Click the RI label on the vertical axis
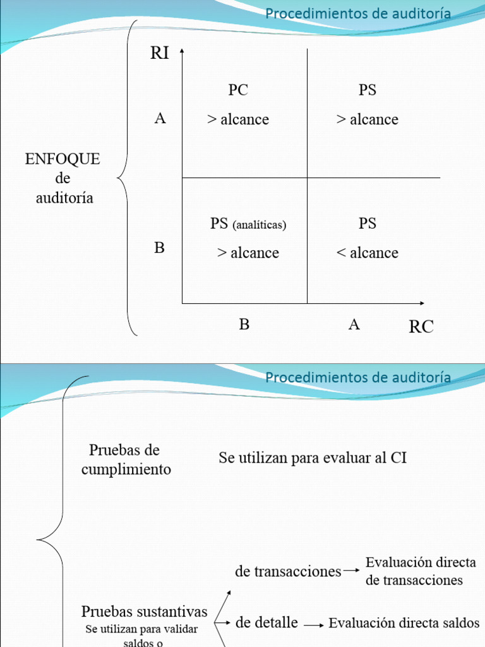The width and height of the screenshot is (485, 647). click(x=160, y=52)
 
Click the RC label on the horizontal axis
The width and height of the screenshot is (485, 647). click(x=421, y=327)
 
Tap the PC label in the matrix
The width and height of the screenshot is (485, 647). click(x=238, y=90)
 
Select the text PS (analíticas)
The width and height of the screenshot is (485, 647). click(x=248, y=224)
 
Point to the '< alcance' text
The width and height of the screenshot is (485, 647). click(x=368, y=253)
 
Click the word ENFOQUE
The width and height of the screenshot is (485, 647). click(x=63, y=159)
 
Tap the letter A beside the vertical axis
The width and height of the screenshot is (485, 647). click(x=160, y=118)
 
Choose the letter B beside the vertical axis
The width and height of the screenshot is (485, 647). click(x=159, y=248)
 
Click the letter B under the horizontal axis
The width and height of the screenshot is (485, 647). click(x=244, y=325)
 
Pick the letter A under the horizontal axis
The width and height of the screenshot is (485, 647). click(x=354, y=325)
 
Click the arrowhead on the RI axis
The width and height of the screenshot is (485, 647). click(x=182, y=51)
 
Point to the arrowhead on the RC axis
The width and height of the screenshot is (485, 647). click(x=421, y=303)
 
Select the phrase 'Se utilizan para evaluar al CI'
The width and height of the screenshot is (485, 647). click(x=313, y=457)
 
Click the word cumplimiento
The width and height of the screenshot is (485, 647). click(x=126, y=470)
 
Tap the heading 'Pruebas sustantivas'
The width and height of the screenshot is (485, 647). click(x=145, y=612)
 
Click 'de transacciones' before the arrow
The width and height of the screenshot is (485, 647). click(x=288, y=571)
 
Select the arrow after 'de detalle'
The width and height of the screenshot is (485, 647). click(x=313, y=624)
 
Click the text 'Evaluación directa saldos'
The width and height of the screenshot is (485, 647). click(x=404, y=623)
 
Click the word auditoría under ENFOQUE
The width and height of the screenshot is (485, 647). click(x=64, y=198)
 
